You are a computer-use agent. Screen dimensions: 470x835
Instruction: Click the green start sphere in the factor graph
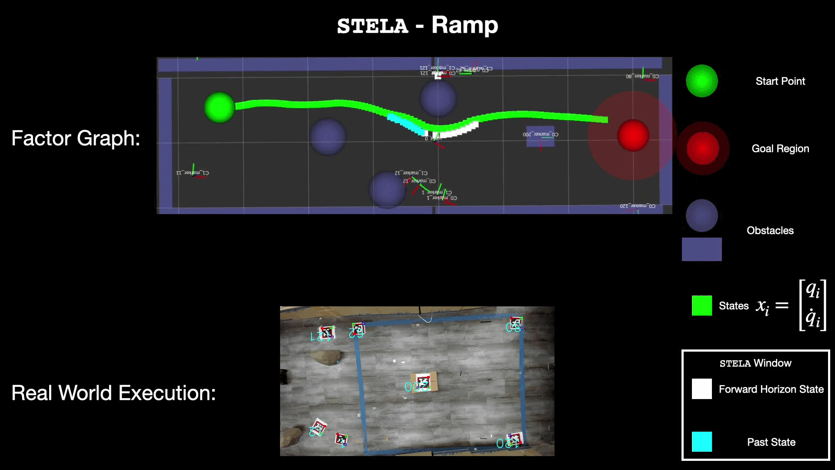coord(220,107)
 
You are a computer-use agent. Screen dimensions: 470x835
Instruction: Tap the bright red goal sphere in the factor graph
coord(633,135)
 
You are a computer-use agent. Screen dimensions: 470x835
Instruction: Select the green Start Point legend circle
coord(701,81)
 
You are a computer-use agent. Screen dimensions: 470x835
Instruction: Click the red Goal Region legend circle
coord(702,148)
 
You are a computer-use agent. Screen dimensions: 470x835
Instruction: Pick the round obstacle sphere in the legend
coord(701,215)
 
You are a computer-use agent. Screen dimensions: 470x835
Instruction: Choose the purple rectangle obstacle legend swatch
coord(701,249)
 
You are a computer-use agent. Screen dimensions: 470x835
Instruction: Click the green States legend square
coord(701,305)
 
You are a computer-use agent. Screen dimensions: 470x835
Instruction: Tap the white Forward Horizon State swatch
coord(701,389)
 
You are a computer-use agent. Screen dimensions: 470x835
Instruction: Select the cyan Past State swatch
coord(701,442)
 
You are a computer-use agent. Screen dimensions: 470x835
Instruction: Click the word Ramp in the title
coord(464,25)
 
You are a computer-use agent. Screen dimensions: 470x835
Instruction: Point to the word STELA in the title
coord(373,26)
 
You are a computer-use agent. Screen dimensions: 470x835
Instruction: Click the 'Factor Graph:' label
coord(76,138)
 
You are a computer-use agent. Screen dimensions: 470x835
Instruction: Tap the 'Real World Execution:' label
coord(114,393)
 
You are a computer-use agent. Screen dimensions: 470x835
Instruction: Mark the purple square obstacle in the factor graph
coord(540,137)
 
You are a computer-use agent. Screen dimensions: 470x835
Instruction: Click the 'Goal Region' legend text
coord(780,149)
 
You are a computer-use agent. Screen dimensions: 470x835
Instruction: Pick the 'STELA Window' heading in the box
coord(755,363)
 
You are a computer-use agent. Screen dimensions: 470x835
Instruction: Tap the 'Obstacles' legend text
coord(770,231)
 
